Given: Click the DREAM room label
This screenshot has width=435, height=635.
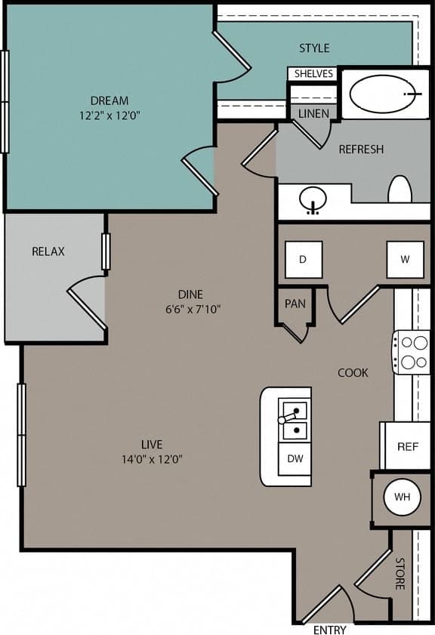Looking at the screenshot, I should click(110, 100).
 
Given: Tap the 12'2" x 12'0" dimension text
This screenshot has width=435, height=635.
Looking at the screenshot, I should click(110, 116).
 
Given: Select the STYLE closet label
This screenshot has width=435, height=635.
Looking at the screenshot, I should click(314, 48).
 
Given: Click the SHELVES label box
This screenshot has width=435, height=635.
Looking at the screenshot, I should click(313, 73).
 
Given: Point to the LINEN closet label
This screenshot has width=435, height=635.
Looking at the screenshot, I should click(313, 114).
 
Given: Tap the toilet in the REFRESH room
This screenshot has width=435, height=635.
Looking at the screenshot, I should click(400, 190).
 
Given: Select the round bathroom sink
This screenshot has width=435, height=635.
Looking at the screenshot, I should click(312, 201).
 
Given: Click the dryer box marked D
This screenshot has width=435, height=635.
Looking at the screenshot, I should click(304, 260).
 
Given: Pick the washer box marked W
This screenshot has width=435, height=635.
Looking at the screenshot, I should click(405, 260).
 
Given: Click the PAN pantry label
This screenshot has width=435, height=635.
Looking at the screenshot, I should click(295, 304).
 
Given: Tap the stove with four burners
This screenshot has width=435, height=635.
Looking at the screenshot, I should click(411, 352).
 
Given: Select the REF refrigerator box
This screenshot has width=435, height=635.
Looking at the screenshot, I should click(408, 446).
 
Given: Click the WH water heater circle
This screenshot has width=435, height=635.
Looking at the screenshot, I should click(402, 497).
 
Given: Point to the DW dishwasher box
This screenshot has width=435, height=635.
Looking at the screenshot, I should click(295, 459).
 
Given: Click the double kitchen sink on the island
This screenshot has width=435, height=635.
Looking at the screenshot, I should click(294, 421).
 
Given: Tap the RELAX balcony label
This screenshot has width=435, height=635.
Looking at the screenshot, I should click(48, 251).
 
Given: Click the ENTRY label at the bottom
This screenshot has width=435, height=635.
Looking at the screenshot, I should click(329, 630).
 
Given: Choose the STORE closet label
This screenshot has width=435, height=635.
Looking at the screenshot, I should click(400, 573).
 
